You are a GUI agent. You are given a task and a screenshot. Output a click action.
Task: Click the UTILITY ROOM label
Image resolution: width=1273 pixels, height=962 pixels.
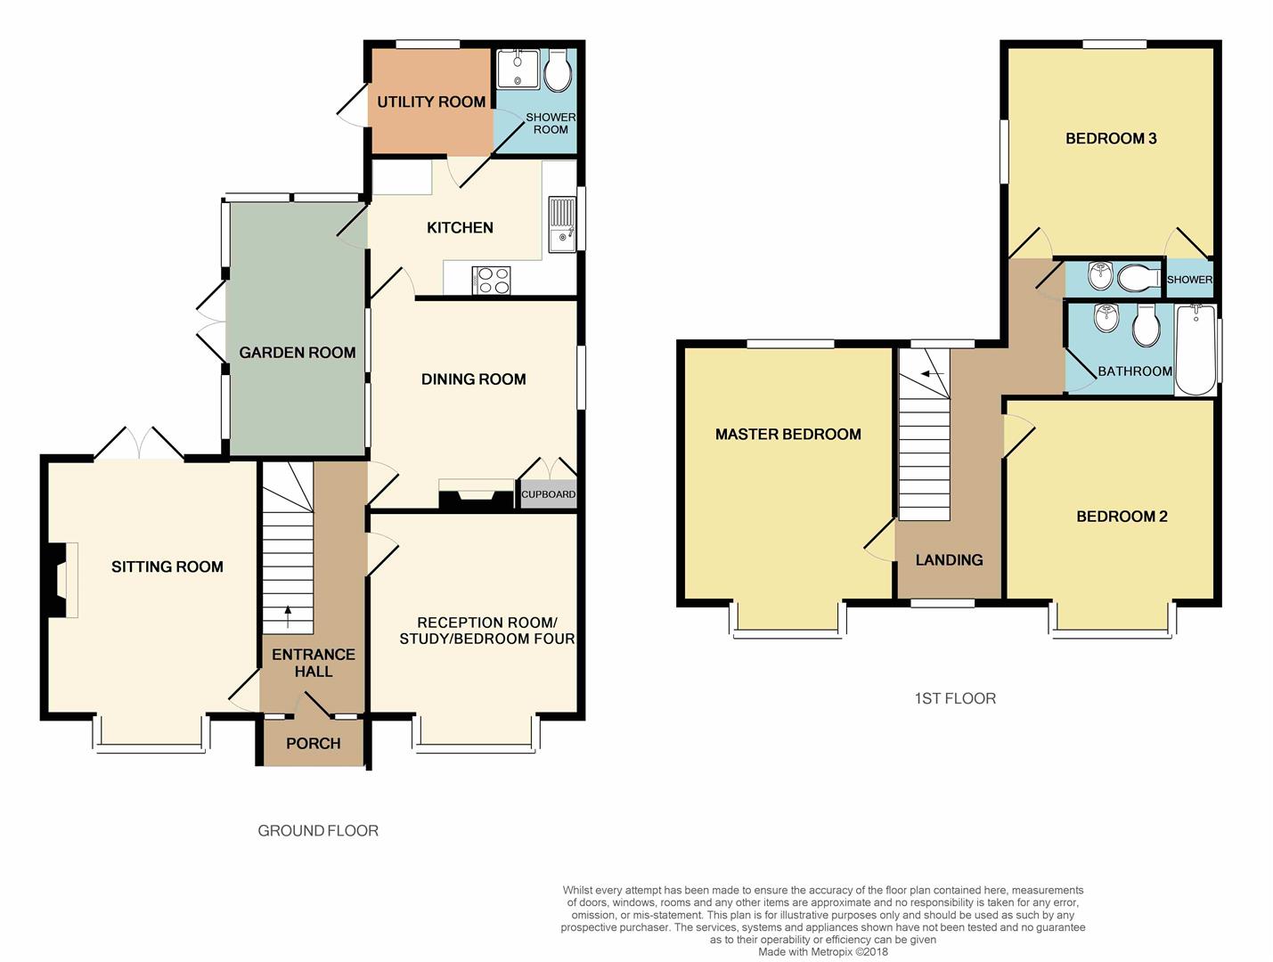pyautogui.click(x=431, y=102)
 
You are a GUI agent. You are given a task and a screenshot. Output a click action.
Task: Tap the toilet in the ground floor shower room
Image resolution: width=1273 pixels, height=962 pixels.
pyautogui.click(x=558, y=70)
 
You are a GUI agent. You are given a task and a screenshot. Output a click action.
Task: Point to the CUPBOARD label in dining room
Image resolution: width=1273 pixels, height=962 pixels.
pyautogui.click(x=548, y=494)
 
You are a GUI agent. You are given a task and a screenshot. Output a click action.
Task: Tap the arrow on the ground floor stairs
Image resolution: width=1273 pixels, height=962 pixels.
pyautogui.click(x=288, y=611)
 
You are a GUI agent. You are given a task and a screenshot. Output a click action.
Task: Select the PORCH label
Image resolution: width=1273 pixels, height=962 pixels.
pyautogui.click(x=313, y=743)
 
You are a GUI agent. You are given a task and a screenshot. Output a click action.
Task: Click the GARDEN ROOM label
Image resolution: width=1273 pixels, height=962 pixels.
pyautogui.click(x=298, y=353)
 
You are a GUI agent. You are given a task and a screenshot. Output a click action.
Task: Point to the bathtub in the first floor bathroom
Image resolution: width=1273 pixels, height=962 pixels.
pyautogui.click(x=1195, y=349)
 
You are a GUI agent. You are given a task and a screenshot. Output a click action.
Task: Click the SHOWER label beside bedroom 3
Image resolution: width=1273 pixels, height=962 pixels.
pyautogui.click(x=1189, y=280)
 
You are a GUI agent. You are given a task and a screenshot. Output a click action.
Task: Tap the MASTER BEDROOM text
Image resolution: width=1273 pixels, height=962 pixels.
pyautogui.click(x=787, y=435)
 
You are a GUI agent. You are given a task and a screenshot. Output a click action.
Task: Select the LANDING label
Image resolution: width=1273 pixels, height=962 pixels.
pyautogui.click(x=949, y=559)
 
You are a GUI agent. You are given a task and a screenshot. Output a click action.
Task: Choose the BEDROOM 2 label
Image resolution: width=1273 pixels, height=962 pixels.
pyautogui.click(x=1122, y=517)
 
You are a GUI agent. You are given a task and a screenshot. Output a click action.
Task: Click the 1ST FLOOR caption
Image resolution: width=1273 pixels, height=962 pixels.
pyautogui.click(x=955, y=698)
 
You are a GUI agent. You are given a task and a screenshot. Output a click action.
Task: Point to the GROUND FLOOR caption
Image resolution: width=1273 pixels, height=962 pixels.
pyautogui.click(x=318, y=830)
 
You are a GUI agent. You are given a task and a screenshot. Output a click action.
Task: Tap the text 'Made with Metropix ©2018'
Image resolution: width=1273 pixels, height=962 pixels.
pyautogui.click(x=823, y=951)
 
